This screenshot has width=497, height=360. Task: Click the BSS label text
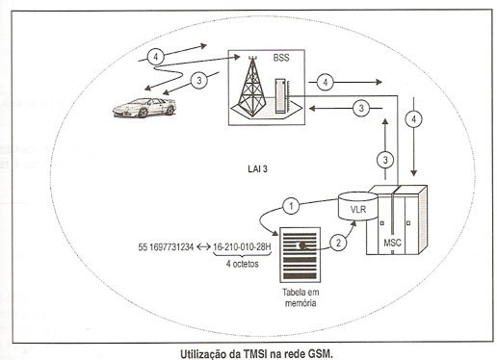[x=281, y=58]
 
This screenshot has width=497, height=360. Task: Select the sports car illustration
[x=144, y=108]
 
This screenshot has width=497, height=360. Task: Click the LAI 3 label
[x=257, y=169]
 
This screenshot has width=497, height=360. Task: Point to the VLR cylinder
[x=358, y=206]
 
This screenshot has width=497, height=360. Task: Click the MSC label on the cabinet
[x=392, y=243]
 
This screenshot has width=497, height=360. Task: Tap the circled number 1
[x=291, y=205]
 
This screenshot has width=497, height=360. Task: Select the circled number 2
[x=338, y=243]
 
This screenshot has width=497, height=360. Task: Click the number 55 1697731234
[x=166, y=247]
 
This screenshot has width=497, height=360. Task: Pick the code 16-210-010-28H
[x=242, y=247]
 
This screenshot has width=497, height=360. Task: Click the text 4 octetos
[x=243, y=264]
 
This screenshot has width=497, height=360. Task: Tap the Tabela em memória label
[x=301, y=297]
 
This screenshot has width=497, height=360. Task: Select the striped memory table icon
[x=300, y=255]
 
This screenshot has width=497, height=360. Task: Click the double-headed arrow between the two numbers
[x=203, y=247]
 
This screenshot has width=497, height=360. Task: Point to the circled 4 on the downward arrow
[x=414, y=119]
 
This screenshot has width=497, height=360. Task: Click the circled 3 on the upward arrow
[x=385, y=160]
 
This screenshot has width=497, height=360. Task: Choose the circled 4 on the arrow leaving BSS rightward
[x=326, y=83]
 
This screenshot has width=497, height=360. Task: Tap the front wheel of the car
[x=143, y=113]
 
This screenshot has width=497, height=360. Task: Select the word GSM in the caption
[x=320, y=354]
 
